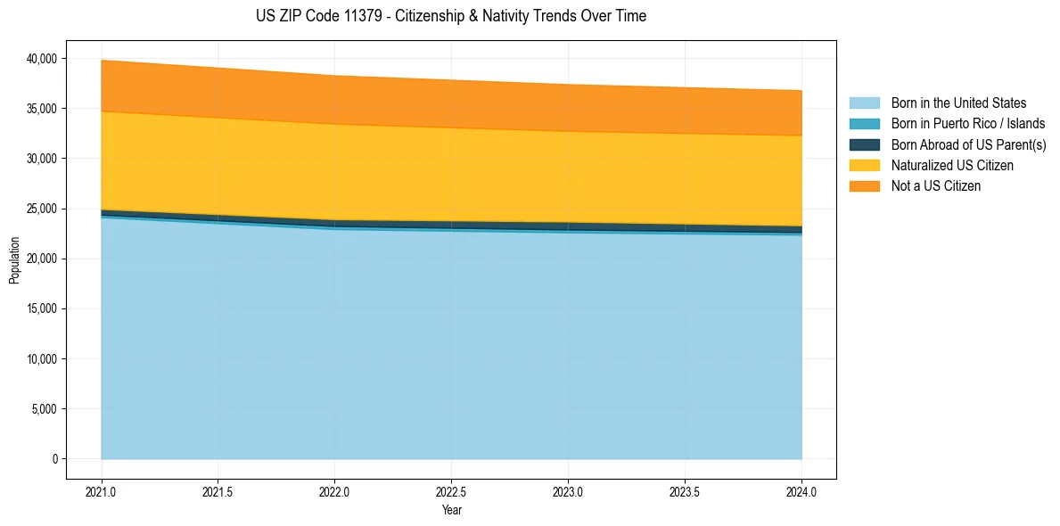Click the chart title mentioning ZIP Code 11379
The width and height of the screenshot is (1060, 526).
[450, 16]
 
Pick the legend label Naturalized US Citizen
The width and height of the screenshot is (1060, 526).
[952, 166]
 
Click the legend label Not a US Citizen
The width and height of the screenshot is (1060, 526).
[936, 186]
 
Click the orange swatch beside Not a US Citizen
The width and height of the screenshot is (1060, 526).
[864, 186]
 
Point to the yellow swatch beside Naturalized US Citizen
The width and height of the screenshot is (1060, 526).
[864, 166]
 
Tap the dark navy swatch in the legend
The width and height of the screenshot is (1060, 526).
[864, 144]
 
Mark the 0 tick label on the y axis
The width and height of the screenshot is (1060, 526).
[54, 459]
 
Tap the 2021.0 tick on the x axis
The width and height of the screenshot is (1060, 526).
[102, 491]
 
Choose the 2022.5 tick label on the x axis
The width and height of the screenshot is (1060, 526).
[452, 491]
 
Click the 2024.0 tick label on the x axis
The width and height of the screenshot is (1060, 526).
[801, 491]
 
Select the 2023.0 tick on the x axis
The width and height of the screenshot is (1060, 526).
[568, 491]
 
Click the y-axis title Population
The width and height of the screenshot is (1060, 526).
[14, 260]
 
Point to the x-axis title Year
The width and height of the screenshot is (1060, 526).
[451, 511]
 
